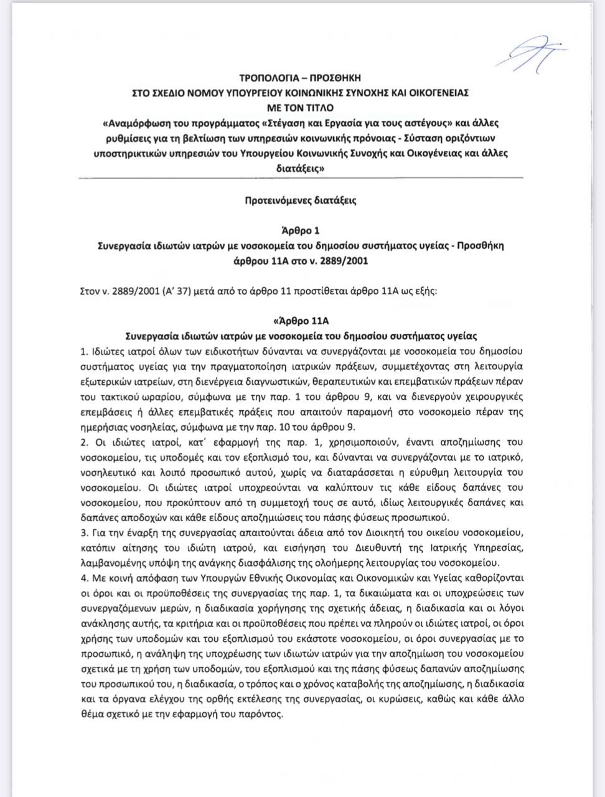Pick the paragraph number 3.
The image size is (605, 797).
coord(85,533)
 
